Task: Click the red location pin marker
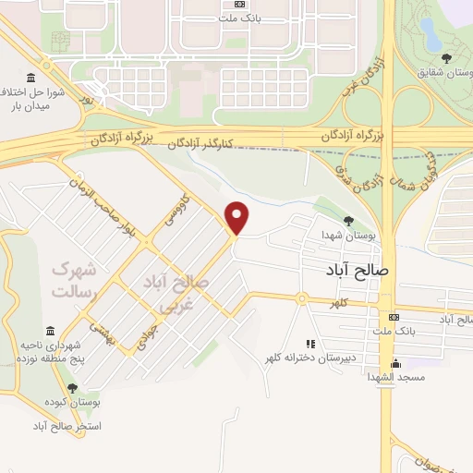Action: coord(238,218)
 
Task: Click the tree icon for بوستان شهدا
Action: coord(348,221)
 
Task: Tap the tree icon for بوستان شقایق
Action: coord(446,58)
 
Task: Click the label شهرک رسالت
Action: coord(73,281)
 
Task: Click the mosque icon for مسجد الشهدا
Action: coord(396,363)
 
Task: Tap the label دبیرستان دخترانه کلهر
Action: coord(310,358)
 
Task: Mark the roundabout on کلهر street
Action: coord(301,298)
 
